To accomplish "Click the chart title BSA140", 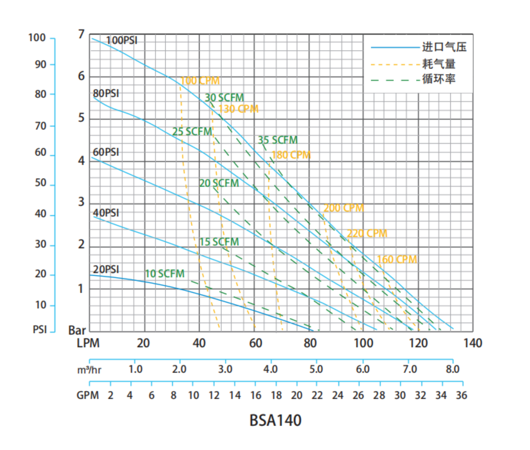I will click(x=275, y=420).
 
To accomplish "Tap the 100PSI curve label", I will click(x=122, y=40).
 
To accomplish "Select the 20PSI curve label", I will click(x=106, y=269).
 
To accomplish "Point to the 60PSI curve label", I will click(x=106, y=152).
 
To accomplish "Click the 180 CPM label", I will click(x=291, y=155).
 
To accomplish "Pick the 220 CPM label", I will click(x=367, y=233).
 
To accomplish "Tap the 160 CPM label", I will click(x=397, y=259).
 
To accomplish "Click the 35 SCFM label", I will click(x=277, y=140).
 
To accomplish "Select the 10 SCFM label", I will click(x=164, y=274).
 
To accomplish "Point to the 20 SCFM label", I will click(x=219, y=183).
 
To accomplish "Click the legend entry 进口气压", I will click(x=444, y=47).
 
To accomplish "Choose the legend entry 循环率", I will click(x=439, y=79).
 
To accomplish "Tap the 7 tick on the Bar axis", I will click(x=82, y=34).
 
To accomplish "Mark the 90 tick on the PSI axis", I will click(x=40, y=65).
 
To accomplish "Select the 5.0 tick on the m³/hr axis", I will click(x=316, y=369).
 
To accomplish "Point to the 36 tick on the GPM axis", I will click(x=461, y=395).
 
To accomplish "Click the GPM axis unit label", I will click(x=88, y=395).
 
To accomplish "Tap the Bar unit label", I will click(x=77, y=330).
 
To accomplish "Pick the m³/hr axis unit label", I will click(x=89, y=370).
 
